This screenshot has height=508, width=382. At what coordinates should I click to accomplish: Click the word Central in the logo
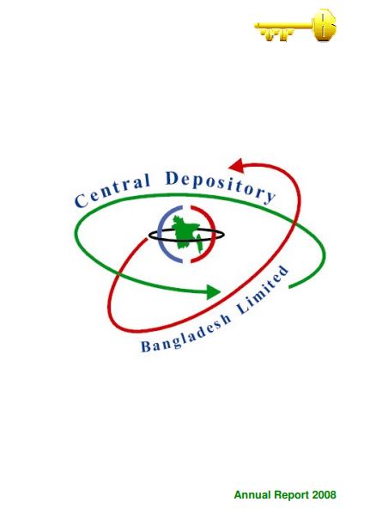coord(113,191)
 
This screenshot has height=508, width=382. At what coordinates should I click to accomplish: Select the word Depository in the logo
coord(221,187)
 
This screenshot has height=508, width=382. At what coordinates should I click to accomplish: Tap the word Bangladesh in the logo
coord(186,334)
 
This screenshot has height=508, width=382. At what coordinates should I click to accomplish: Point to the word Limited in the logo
coord(263,290)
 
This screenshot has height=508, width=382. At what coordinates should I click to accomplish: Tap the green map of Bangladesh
coord(188,234)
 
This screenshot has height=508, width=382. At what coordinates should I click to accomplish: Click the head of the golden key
coord(324,25)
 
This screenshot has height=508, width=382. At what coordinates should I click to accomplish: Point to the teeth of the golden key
coord(277,34)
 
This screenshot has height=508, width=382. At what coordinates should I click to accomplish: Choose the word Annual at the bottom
coord(252,495)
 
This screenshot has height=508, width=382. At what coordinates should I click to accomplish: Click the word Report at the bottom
coord(292,495)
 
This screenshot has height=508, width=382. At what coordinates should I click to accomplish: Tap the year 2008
coord(324,495)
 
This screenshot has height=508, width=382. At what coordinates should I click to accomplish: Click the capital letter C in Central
coord(81,201)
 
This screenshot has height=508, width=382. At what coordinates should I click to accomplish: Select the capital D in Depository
coord(172,178)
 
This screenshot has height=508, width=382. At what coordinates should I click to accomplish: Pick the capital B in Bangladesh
coord(146,346)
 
